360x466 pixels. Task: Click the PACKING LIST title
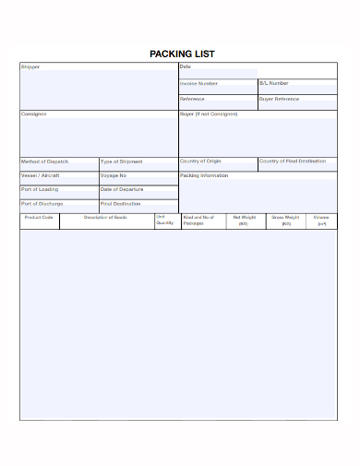coord(181,54)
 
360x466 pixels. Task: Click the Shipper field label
coord(30,67)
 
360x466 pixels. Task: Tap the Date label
coord(186,66)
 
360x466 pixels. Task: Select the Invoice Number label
coord(199,83)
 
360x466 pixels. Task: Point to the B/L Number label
coord(274,83)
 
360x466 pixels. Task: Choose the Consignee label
coord(34,114)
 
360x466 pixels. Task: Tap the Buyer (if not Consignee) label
coord(209,114)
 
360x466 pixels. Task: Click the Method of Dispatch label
coord(44,161)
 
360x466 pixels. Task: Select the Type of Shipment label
coord(121,161)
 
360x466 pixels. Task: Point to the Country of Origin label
coord(201,161)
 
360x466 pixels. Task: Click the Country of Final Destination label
coord(293,161)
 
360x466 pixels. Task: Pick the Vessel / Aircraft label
coord(39,175)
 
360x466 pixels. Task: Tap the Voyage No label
coord(114,175)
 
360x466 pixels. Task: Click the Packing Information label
coord(204,175)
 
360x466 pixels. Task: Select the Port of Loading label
coord(40,189)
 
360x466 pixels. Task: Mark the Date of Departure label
coord(122,189)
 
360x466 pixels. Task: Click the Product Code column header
coord(40,218)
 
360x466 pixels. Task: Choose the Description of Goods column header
coord(105,218)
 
